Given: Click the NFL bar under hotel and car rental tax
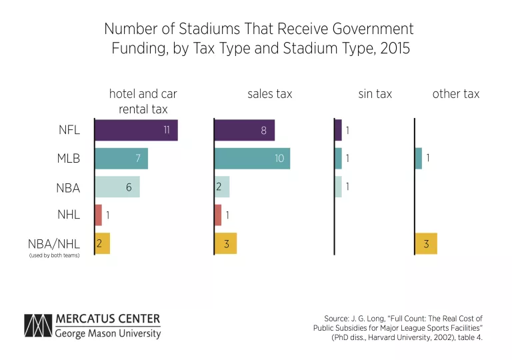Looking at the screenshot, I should pos(136,130).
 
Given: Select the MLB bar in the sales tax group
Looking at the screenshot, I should pos(252,159).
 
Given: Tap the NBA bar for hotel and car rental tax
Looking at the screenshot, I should pos(117,187).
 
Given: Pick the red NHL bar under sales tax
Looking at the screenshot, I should pos(218,215).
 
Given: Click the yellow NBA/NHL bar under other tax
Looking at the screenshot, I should pos(425,244).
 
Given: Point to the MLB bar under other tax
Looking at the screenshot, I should pos(418,159).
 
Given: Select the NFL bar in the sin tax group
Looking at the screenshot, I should pos(338,130).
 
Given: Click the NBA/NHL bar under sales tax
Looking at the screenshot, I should pos(225,244).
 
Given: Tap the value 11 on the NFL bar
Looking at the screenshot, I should pos(167,130).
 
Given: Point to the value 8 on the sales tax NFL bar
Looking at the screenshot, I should pos(263,131).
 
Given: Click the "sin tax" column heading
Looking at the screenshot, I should pos(375,94).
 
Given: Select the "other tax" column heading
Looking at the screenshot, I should pos(455,94).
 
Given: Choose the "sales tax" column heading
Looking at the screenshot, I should pos(269,94).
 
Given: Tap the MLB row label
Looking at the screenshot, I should pos(68,159).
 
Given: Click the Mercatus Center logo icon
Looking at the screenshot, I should pos(37,325).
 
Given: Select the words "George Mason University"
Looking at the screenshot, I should pos(108,333).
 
